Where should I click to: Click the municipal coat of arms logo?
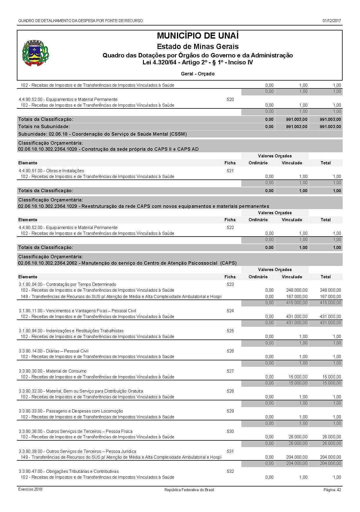pos(36,52)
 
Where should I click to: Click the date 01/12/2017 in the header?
pos(332,21)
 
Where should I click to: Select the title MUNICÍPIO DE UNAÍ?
pos(198,36)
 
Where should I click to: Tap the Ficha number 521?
pos(230,171)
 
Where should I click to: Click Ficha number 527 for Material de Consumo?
pos(230,371)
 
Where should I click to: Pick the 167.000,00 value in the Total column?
pos(330,297)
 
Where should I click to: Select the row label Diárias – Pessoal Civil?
pos(67,351)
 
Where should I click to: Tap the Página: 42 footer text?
pos(332,490)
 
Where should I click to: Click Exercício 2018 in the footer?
pos(30,489)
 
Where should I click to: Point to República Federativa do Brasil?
pos(189,490)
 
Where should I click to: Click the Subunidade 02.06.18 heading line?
pos(102,134)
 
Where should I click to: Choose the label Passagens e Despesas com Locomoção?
pos(84,411)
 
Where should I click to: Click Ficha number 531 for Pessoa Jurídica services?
pos(230,451)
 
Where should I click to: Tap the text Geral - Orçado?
pos(198,74)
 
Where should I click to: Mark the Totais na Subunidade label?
pos(44,126)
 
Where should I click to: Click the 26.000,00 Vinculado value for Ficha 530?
pos(297,437)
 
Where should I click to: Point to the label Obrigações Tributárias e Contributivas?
pos(82,471)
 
